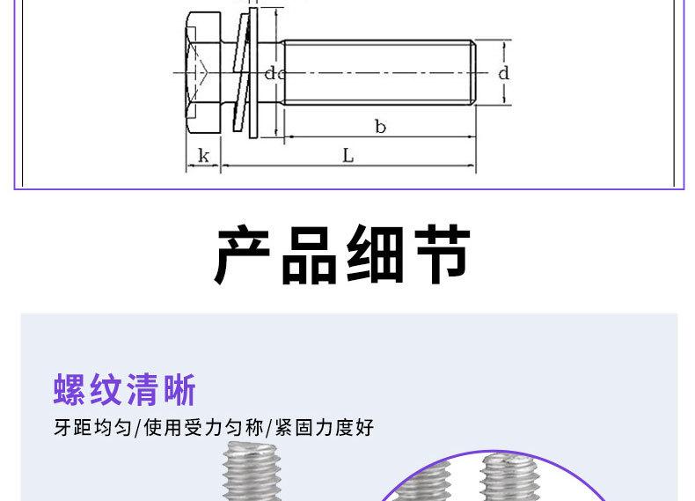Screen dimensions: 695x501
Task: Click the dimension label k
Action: coord(203,157)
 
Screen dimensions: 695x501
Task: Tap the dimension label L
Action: coord(348,156)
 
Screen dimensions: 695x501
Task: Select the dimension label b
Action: coord(380,128)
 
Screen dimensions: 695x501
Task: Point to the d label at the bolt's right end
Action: coord(503,73)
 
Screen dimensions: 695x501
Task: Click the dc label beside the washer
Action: coord(274,74)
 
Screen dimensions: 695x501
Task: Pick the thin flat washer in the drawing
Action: coord(253,75)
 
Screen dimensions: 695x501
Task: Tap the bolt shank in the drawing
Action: coord(378,73)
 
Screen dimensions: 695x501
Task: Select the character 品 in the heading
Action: coord(313,255)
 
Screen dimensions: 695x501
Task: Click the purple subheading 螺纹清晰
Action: coord(124,389)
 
